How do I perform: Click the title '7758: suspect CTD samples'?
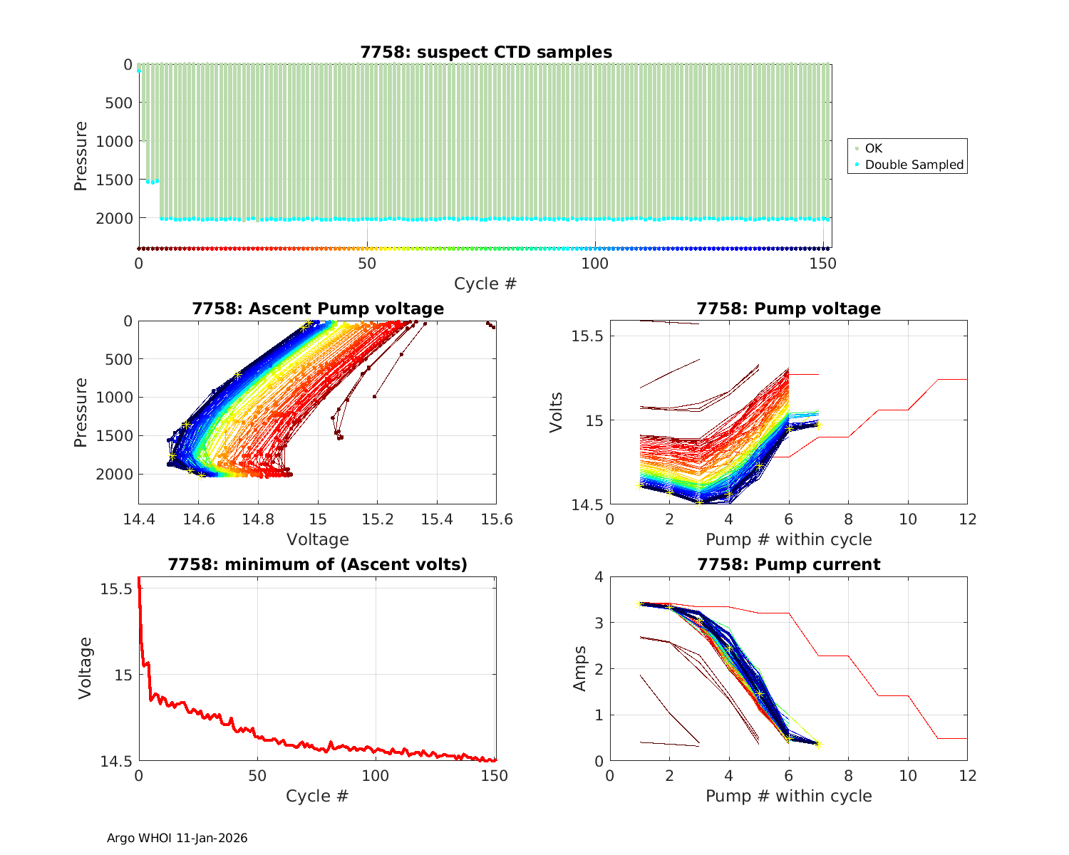485,52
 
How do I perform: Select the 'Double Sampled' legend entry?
914,165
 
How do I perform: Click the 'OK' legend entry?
873,148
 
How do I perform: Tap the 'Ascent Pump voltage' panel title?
318,309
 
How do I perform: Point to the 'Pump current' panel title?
788,564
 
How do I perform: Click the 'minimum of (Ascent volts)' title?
318,564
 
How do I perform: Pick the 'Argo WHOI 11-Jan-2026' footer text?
177,838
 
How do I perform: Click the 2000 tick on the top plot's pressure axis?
114,218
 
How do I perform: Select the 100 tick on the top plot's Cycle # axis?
595,264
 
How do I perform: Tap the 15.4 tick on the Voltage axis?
437,519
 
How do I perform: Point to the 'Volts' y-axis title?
557,413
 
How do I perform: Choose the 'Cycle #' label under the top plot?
485,284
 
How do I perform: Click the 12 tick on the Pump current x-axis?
967,775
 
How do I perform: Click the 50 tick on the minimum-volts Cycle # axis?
258,775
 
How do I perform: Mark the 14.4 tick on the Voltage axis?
139,519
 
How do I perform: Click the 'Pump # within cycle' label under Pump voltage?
788,539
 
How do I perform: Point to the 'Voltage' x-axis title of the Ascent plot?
318,539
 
